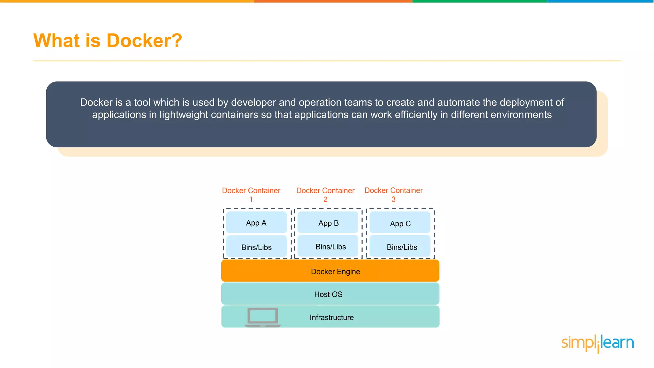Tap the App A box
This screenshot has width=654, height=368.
click(256, 223)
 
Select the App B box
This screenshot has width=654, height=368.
click(328, 223)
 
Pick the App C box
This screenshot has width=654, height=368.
click(400, 223)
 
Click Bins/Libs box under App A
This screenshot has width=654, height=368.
click(256, 247)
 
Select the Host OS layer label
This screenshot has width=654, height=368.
click(328, 294)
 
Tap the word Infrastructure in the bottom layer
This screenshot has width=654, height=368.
click(331, 317)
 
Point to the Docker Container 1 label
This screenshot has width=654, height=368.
click(251, 195)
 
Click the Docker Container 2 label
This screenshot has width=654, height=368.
click(325, 195)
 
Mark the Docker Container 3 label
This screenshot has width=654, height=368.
click(393, 194)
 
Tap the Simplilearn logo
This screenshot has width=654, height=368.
click(597, 343)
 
